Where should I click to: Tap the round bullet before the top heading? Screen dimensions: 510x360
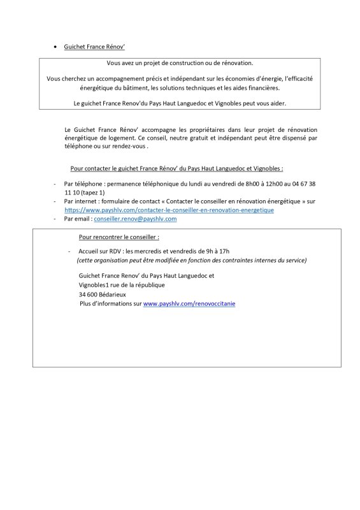pos(56,47)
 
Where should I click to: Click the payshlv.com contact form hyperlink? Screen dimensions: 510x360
pos(169,210)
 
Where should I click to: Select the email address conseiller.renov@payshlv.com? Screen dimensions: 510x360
pos(135,219)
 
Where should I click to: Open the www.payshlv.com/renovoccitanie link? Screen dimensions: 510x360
pos(189,304)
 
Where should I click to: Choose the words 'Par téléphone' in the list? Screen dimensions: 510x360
pos(83,183)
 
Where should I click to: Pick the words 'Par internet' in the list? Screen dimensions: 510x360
pos(81,201)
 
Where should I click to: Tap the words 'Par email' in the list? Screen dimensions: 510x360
pos(78,219)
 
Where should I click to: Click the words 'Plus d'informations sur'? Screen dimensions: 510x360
pos(110,304)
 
